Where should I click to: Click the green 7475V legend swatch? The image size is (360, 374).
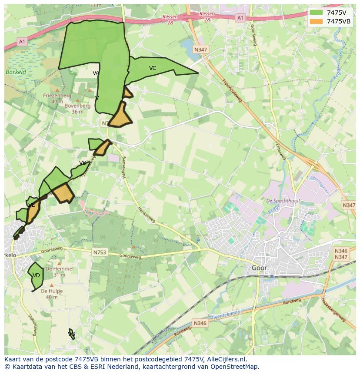[317, 13]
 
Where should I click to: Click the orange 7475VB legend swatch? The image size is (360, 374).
[317, 21]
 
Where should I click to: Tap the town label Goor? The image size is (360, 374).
[259, 268]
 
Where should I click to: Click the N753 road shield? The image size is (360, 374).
[100, 252]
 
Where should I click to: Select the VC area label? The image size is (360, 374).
[153, 68]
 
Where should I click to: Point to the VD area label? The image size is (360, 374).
[37, 275]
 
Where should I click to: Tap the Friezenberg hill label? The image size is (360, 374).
[57, 96]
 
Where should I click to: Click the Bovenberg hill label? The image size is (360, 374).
[77, 106]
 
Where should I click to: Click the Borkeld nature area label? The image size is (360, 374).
[16, 72]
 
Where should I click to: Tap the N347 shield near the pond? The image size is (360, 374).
[200, 50]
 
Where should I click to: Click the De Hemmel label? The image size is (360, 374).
[60, 269]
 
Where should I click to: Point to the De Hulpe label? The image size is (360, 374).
[52, 291]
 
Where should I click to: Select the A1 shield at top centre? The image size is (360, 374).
[240, 18]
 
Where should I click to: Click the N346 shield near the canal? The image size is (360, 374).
[200, 323]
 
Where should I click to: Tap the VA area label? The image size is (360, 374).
[96, 73]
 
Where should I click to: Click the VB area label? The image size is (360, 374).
[83, 163]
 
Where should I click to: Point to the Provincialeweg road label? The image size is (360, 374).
[232, 91]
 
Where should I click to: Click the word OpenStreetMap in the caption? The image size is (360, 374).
[236, 367]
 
